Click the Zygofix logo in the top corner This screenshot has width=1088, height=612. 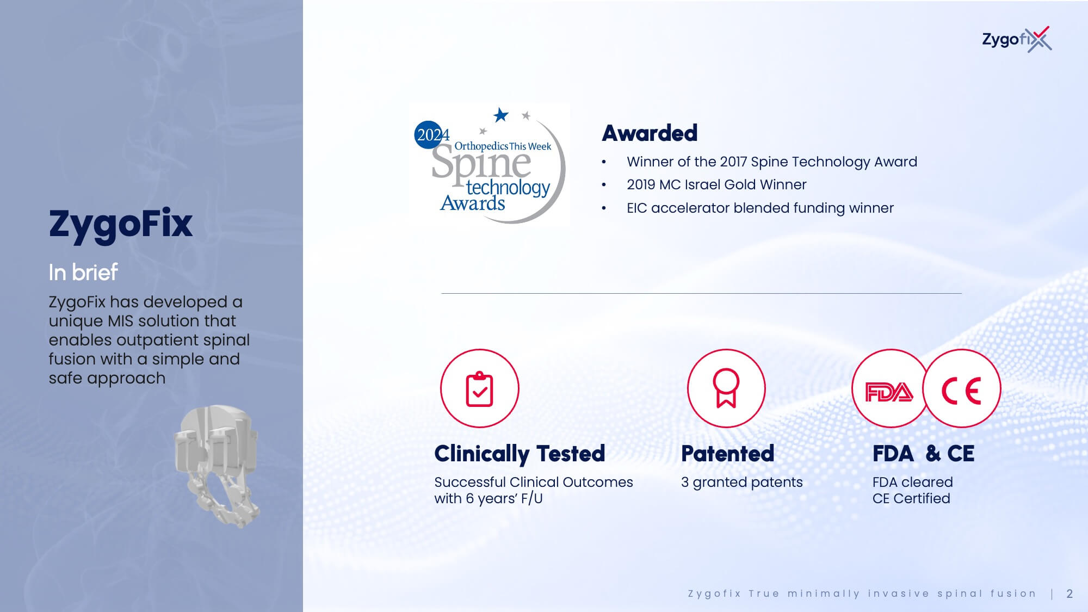pyautogui.click(x=1016, y=39)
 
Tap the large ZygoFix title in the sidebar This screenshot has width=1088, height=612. pyautogui.click(x=121, y=224)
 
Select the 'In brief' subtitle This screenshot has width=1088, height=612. pyautogui.click(x=83, y=272)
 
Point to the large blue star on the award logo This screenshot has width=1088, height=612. pyautogui.click(x=500, y=115)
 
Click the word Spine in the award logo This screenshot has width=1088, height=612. pyautogui.click(x=481, y=162)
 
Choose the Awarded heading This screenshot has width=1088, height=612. pyautogui.click(x=650, y=133)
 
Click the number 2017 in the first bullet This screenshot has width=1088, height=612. pyautogui.click(x=733, y=162)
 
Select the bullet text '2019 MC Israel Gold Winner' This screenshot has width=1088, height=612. pyautogui.click(x=716, y=184)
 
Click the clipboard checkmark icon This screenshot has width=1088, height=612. pyautogui.click(x=480, y=388)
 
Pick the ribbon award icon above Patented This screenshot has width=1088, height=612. pyautogui.click(x=726, y=388)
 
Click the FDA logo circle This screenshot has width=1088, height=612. pyautogui.click(x=889, y=388)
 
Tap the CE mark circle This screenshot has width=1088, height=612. pyautogui.click(x=962, y=388)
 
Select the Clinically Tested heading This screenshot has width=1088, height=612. pyautogui.click(x=520, y=454)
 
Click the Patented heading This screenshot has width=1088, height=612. pyautogui.click(x=727, y=454)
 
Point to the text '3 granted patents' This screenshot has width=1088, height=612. pyautogui.click(x=742, y=483)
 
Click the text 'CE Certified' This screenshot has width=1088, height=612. pyautogui.click(x=911, y=498)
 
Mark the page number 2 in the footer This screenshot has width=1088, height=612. pyautogui.click(x=1070, y=594)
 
